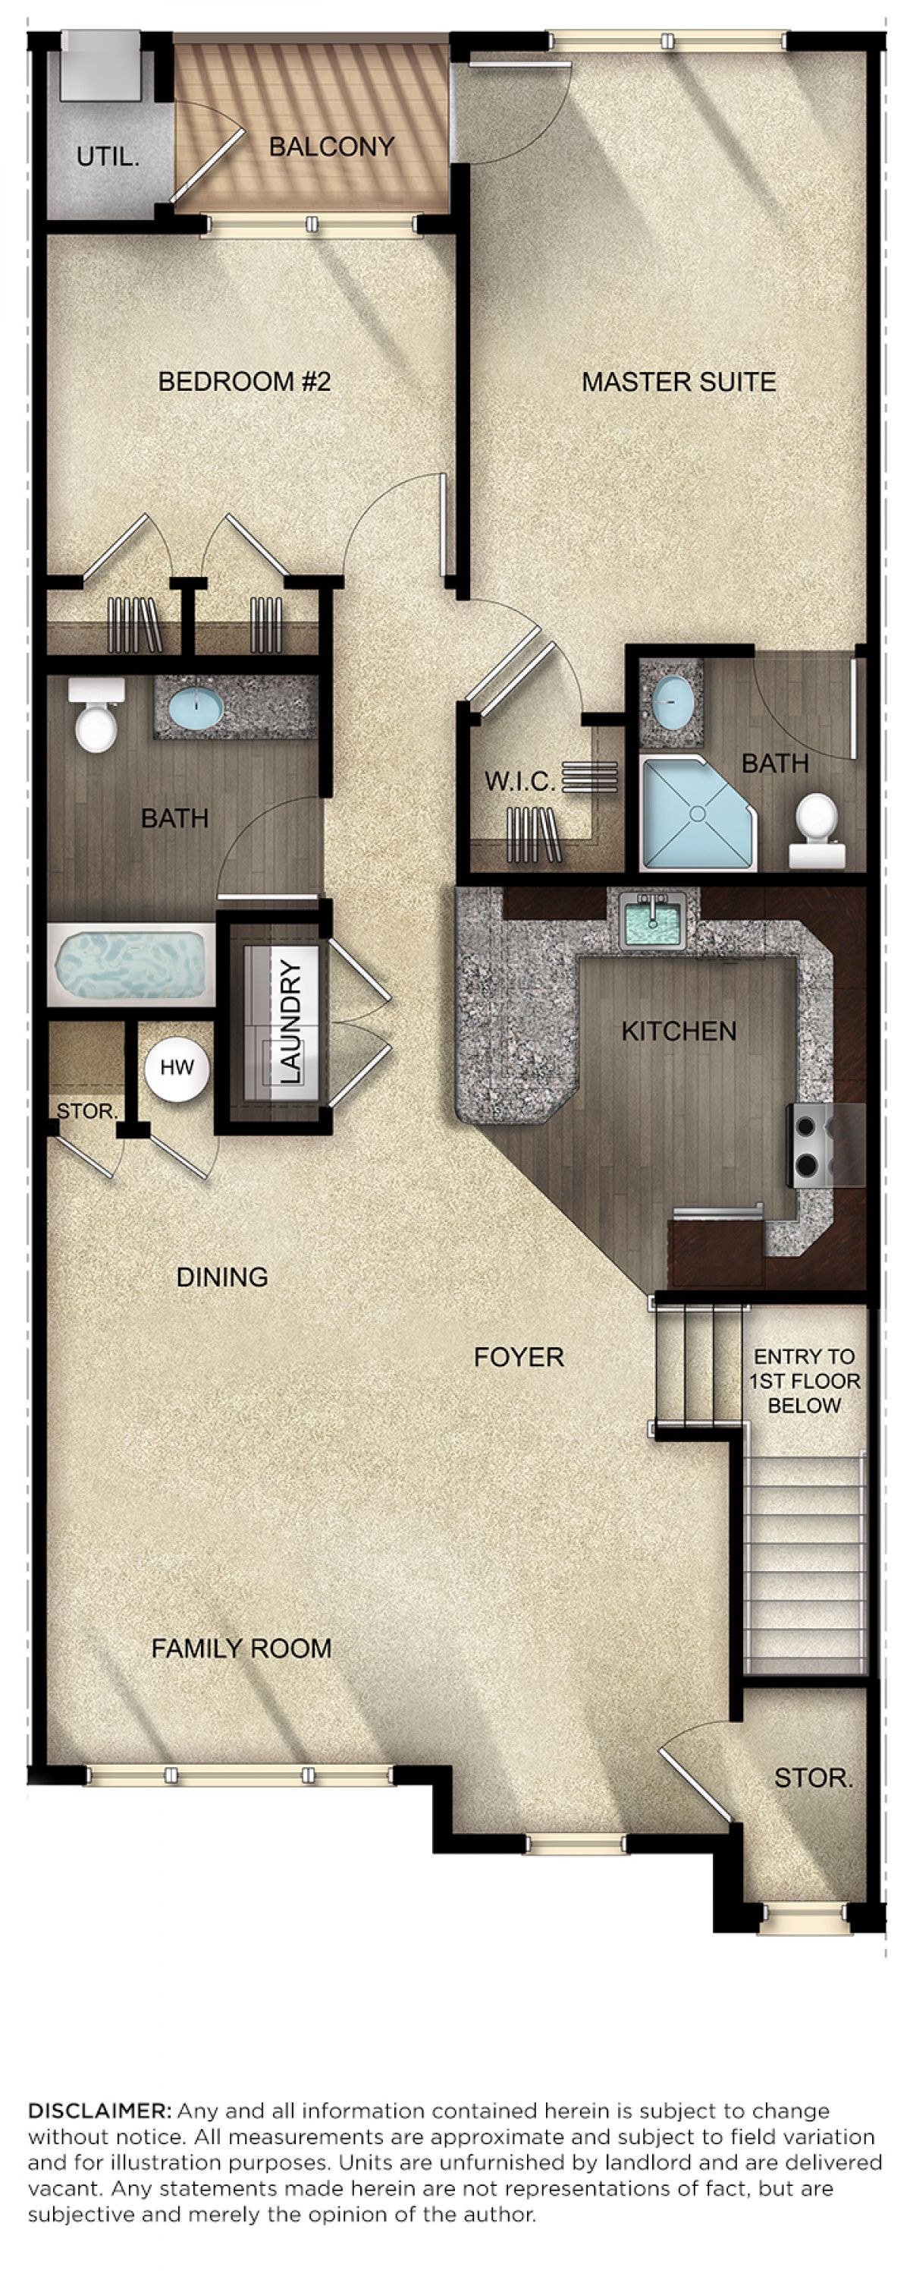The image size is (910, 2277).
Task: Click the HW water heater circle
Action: coord(177,1068)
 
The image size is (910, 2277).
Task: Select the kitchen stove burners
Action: coord(808,1145)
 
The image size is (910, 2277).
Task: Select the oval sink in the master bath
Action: coord(673,702)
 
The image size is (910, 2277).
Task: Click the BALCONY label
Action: coord(331,146)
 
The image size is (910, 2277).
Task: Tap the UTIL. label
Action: coord(108,157)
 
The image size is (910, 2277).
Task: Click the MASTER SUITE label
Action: coord(679,382)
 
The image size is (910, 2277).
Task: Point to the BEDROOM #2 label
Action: coord(244,381)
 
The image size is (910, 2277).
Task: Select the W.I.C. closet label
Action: coord(520,782)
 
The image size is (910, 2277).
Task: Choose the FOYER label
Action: coord(519,1357)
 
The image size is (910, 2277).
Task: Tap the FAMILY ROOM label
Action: coord(241,1648)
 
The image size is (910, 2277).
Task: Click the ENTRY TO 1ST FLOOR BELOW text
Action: coord(804,1381)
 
